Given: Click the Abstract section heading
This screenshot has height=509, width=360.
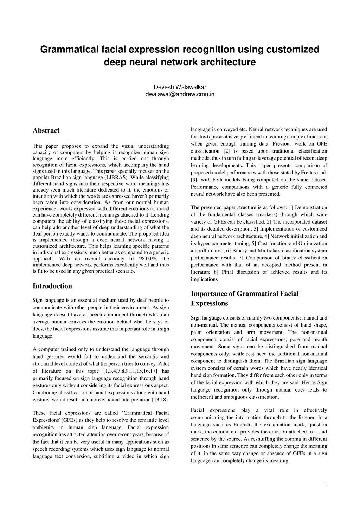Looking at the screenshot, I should [46, 131].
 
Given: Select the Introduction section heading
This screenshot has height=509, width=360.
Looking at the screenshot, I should [52, 286].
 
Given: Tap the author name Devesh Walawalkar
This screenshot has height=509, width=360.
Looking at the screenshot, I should [180, 87].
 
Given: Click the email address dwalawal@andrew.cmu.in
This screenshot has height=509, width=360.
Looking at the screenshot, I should [180, 94].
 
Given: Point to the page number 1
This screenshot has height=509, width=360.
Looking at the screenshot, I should [326, 485].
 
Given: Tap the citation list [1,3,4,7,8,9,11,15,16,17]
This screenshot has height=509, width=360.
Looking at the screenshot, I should [130, 371].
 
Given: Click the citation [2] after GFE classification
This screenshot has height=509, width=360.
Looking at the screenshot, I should [226, 151].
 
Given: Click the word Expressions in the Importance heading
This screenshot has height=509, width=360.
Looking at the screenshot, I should [209, 303].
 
